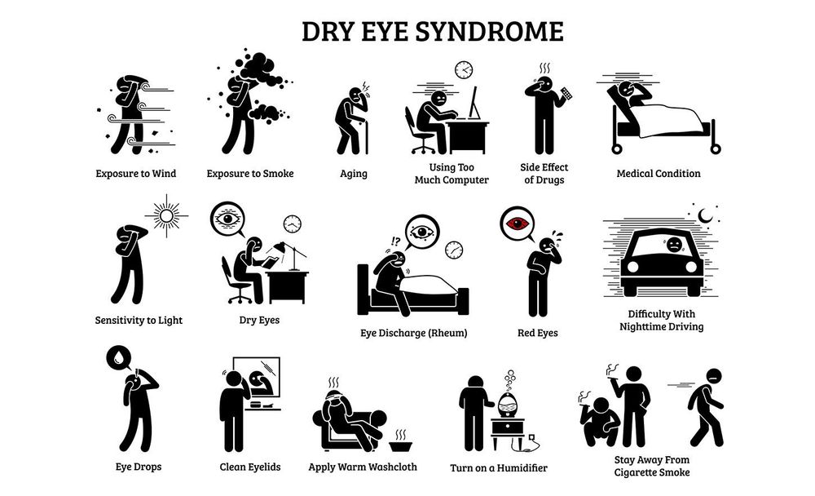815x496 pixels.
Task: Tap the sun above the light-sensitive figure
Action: click(x=166, y=215)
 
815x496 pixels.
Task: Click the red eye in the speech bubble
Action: click(x=518, y=224)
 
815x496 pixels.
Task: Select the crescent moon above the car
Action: click(x=705, y=215)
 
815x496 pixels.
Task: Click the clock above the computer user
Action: click(x=464, y=69)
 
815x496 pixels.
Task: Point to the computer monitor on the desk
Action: click(x=474, y=103)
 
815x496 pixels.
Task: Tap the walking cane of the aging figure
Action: click(x=367, y=136)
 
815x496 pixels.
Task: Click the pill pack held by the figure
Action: click(x=566, y=94)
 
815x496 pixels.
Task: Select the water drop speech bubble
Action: click(x=119, y=357)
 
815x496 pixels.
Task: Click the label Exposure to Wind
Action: click(x=135, y=174)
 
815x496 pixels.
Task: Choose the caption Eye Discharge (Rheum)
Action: click(x=414, y=333)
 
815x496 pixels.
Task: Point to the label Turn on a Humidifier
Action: click(x=499, y=468)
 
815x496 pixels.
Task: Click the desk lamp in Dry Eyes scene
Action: click(x=292, y=255)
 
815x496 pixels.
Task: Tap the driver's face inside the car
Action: click(x=674, y=244)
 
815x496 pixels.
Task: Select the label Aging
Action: click(x=354, y=174)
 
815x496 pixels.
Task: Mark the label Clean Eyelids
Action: click(x=250, y=467)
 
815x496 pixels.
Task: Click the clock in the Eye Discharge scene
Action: click(x=454, y=250)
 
